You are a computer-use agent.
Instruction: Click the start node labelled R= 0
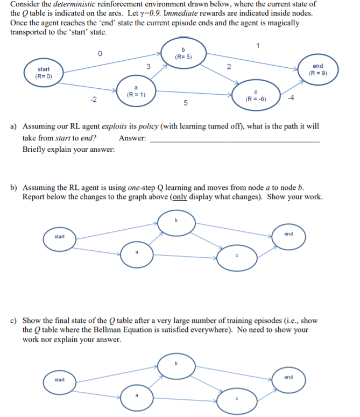[x=44, y=73]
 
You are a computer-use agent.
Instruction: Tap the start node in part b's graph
[x=59, y=237]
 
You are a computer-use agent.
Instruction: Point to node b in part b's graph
[x=175, y=222]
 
